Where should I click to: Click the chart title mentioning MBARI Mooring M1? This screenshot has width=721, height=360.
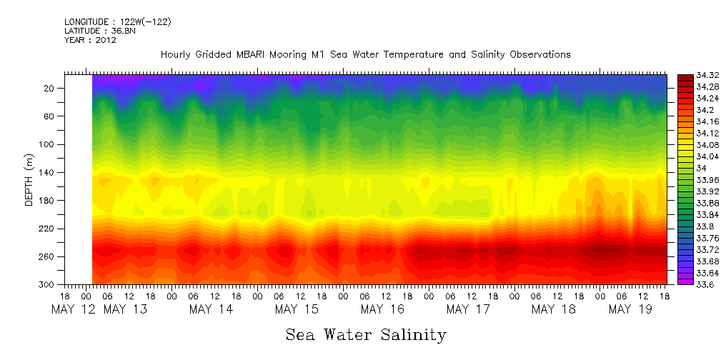tap(365, 54)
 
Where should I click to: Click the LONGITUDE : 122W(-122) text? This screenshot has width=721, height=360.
tap(117, 21)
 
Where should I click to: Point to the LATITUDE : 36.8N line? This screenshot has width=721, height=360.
tap(99, 31)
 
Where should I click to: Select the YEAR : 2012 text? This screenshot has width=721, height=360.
tap(89, 40)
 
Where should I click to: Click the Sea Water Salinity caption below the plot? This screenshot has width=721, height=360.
tap(366, 334)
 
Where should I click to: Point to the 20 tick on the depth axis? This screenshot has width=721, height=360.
tap(50, 88)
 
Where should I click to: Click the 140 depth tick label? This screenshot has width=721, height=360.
tap(48, 172)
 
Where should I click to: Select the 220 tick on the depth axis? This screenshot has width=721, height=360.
tap(48, 229)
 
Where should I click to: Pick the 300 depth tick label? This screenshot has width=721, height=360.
tap(48, 284)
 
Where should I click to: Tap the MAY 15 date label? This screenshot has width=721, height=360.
tap(297, 309)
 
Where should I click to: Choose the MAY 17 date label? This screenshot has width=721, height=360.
tap(468, 309)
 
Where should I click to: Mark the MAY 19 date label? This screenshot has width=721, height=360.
tap(630, 309)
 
